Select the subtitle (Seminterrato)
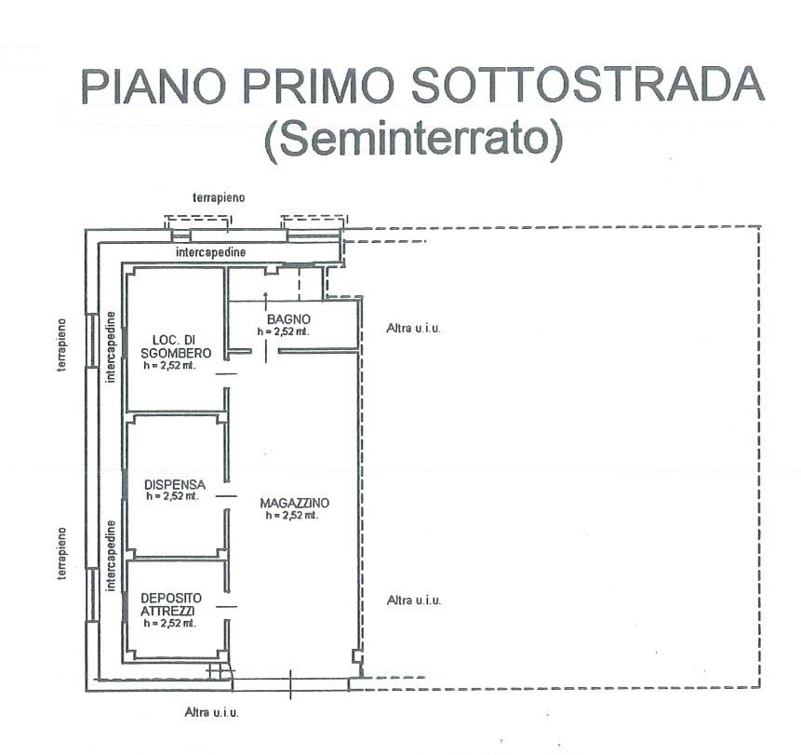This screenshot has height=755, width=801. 414,139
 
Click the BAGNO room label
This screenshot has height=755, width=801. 281,318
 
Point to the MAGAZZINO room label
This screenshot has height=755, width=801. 295,503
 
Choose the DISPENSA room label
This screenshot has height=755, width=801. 175,484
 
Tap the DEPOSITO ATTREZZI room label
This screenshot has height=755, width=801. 170,603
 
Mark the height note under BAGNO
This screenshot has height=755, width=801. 284,330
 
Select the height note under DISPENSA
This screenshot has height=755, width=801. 172,496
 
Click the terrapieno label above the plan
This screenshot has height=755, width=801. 218,198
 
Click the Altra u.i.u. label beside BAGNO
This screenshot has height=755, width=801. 413,328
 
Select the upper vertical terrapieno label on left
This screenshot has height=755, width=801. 62,344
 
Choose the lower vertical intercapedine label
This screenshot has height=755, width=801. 112,556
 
